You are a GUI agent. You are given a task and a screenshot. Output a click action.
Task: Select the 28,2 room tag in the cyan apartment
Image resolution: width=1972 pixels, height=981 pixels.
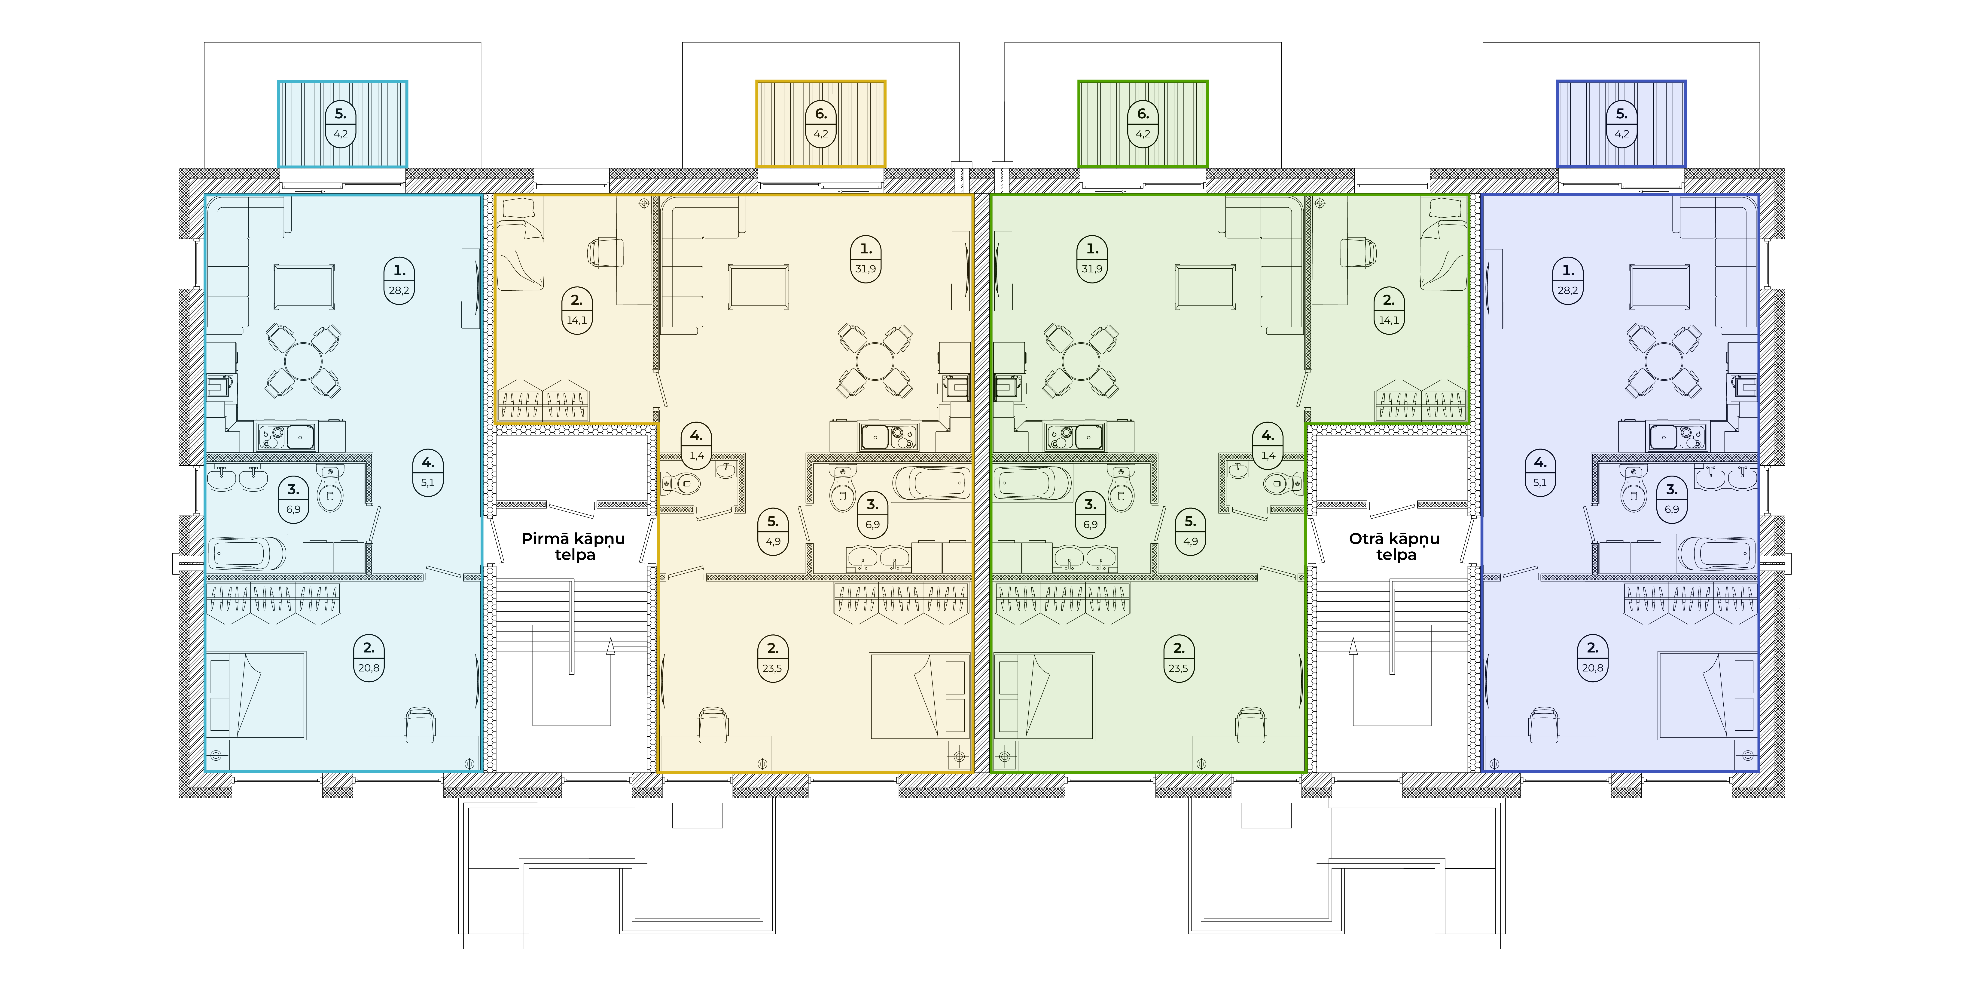point(399,280)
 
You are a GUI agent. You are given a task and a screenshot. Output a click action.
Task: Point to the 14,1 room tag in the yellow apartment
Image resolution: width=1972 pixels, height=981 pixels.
point(576,310)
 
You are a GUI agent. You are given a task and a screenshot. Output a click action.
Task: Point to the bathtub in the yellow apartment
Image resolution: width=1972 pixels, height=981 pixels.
point(930,483)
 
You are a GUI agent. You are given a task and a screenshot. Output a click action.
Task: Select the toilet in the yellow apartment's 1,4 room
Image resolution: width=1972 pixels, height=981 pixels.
point(681,483)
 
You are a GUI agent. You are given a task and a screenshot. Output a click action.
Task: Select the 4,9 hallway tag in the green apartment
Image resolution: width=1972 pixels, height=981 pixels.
point(1190,531)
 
